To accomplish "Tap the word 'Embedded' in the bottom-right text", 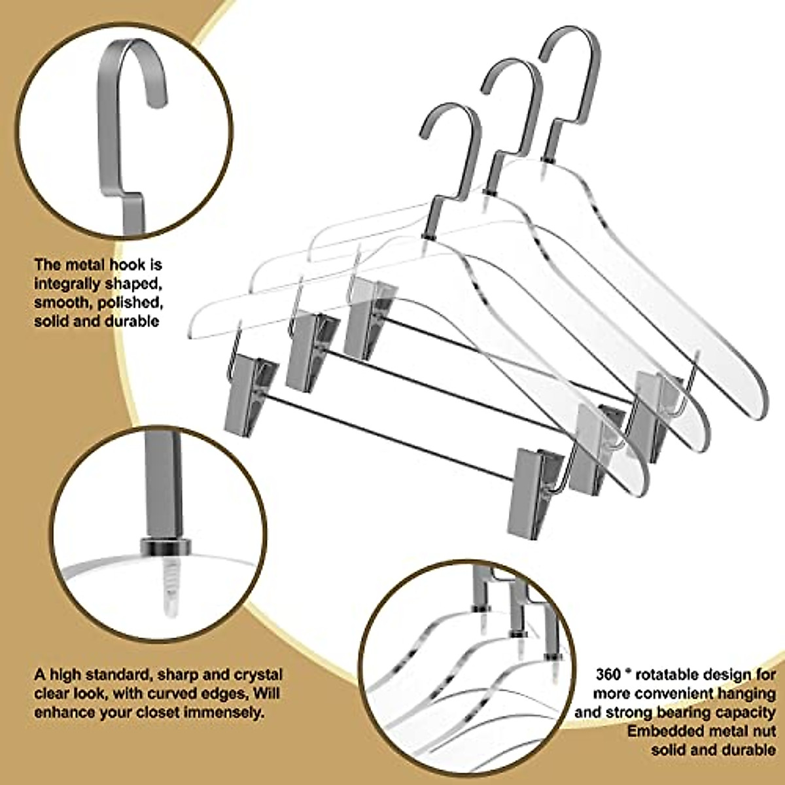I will pyautogui.click(x=664, y=731).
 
